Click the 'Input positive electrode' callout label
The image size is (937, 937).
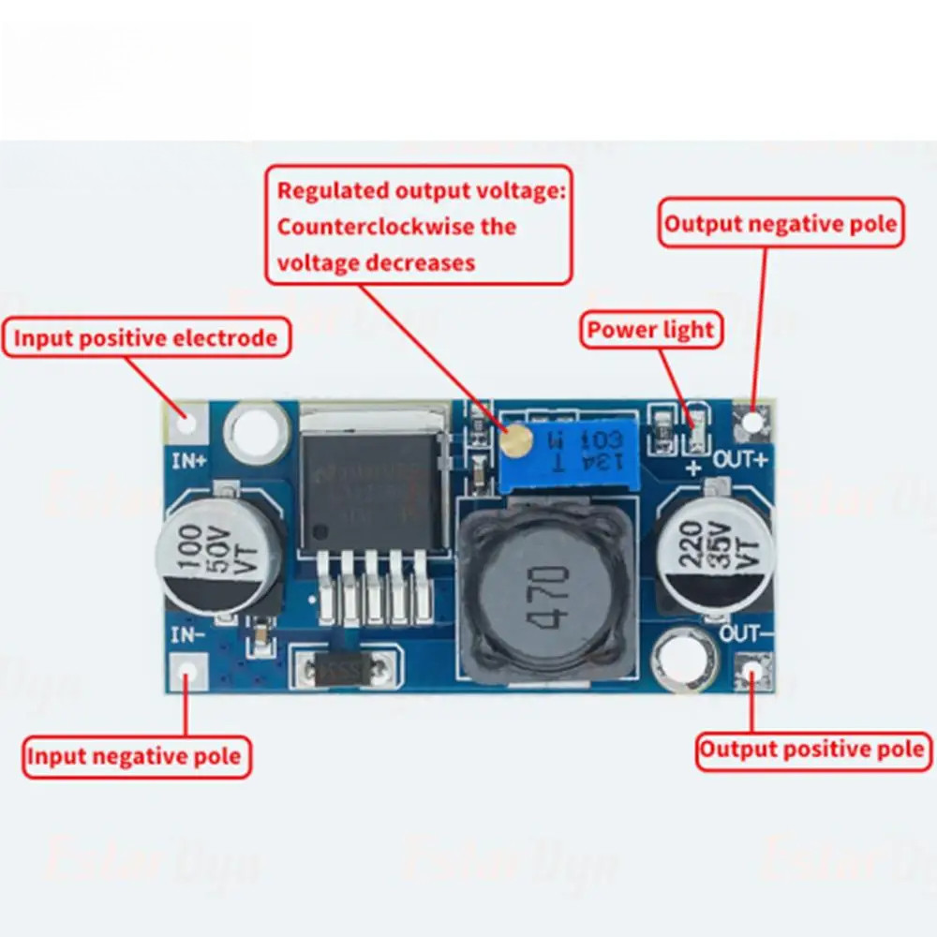[145, 338]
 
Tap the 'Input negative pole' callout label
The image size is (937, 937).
[137, 756]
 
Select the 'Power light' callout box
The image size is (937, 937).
[651, 330]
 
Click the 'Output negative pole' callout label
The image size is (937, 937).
[781, 224]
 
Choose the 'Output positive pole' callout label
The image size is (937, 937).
[812, 750]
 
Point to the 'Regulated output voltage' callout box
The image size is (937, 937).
[419, 226]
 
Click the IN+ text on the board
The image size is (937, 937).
[189, 460]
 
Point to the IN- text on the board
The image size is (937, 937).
[187, 635]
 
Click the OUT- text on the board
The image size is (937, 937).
[746, 635]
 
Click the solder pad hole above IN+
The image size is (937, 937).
[188, 422]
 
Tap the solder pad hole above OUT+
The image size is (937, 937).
[752, 424]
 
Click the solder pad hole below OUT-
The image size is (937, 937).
[754, 672]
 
